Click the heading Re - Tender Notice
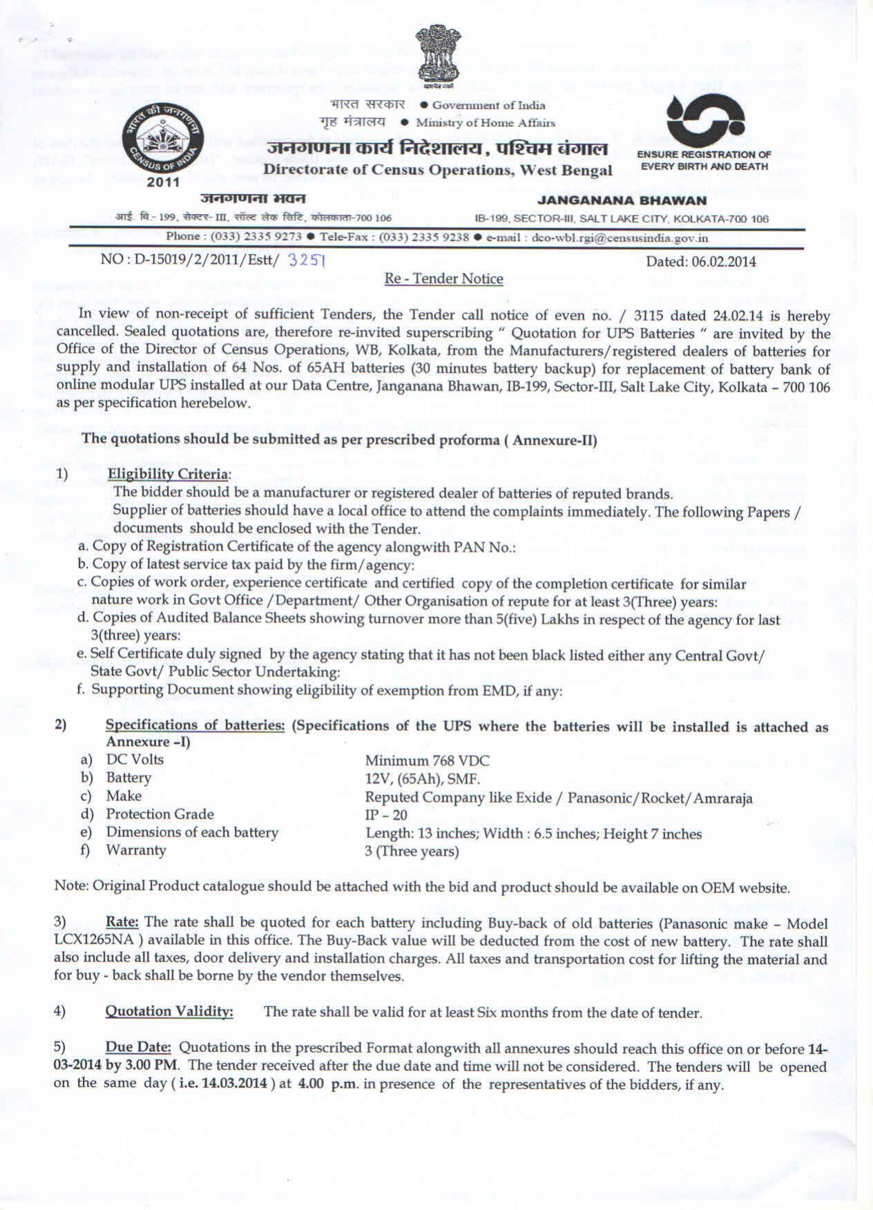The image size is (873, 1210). click(x=443, y=279)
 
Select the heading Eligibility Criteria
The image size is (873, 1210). click(x=168, y=474)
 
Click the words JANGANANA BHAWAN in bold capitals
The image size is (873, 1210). click(x=622, y=200)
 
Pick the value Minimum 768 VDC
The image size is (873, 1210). click(x=427, y=761)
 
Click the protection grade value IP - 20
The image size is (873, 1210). click(x=385, y=815)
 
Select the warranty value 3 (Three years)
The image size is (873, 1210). click(x=412, y=851)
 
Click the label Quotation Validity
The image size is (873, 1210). click(x=169, y=1012)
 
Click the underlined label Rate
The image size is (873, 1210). click(x=122, y=923)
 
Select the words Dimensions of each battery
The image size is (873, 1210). click(x=192, y=832)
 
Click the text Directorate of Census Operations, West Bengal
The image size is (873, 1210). click(x=438, y=170)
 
